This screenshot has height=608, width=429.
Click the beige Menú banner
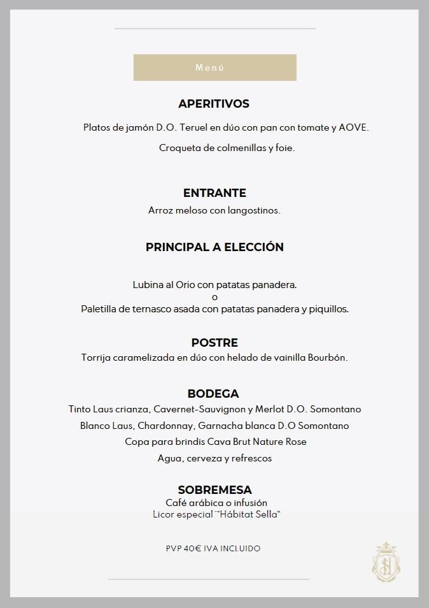pyautogui.click(x=215, y=68)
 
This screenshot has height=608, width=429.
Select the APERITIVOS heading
pyautogui.click(x=214, y=104)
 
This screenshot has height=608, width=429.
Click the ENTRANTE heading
pyautogui.click(x=215, y=193)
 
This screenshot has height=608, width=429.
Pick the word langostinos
pyautogui.click(x=254, y=210)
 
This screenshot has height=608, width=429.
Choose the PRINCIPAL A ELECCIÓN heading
pyautogui.click(x=215, y=247)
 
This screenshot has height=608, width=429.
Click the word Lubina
pyautogui.click(x=147, y=284)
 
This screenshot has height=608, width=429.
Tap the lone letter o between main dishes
pyautogui.click(x=215, y=296)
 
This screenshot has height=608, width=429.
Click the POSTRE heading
pyautogui.click(x=215, y=343)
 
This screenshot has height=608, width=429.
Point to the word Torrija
pyautogui.click(x=97, y=358)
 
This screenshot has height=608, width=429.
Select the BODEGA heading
pyautogui.click(x=213, y=394)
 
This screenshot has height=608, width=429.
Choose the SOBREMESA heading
pyautogui.click(x=215, y=490)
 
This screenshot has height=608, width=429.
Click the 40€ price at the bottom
pyautogui.click(x=192, y=548)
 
